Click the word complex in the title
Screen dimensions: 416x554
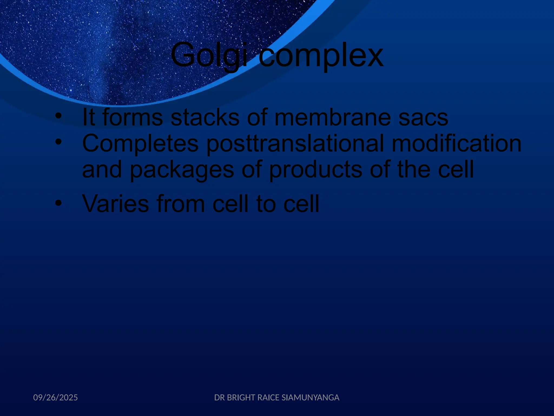tap(321, 56)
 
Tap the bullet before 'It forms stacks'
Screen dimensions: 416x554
tap(58, 116)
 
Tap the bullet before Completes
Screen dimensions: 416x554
tap(58, 141)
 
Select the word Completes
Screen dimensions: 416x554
tap(140, 144)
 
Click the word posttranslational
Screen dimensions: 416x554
tap(295, 144)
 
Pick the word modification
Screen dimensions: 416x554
tap(456, 144)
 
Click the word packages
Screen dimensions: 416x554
tap(182, 170)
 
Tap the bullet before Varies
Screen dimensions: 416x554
tap(58, 203)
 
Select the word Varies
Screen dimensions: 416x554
tap(116, 204)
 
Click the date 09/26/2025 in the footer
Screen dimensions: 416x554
tap(55, 398)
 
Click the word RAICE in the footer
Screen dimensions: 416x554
tap(268, 398)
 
